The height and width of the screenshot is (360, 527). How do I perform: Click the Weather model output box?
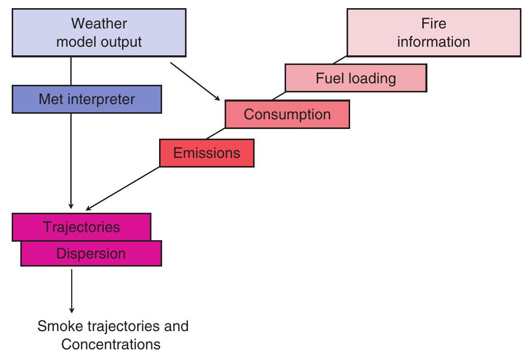pyautogui.click(x=99, y=32)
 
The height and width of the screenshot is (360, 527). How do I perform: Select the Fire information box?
pyautogui.click(x=433, y=32)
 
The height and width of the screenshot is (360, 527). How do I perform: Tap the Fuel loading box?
pyautogui.click(x=355, y=78)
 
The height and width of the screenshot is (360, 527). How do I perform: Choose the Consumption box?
pyautogui.click(x=287, y=114)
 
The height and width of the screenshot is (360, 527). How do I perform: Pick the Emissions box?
pyautogui.click(x=206, y=153)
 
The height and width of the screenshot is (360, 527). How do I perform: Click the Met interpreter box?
pyautogui.click(x=86, y=99)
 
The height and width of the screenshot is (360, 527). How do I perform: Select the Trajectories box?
pyautogui.click(x=81, y=226)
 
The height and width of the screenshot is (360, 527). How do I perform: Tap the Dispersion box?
pyautogui.click(x=91, y=253)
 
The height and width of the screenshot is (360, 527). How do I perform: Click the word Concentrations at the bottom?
pyautogui.click(x=111, y=344)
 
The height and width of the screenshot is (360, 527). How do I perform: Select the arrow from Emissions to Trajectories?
pyautogui.click(x=122, y=188)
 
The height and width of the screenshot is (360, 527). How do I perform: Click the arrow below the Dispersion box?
pyautogui.click(x=71, y=289)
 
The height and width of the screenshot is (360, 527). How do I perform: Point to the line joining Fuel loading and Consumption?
pyautogui.click(x=278, y=96)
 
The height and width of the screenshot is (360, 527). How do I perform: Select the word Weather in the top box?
pyautogui.click(x=99, y=23)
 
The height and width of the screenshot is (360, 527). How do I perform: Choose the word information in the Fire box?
pyautogui.click(x=433, y=42)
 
